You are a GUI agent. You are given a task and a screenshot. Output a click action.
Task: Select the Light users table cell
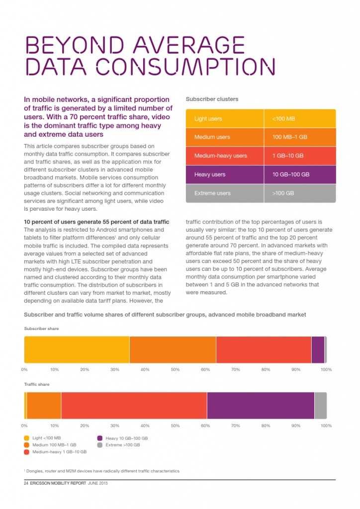[225, 119]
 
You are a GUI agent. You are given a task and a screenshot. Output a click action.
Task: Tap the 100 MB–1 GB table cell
[300, 137]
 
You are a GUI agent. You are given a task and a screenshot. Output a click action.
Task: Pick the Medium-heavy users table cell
[225, 156]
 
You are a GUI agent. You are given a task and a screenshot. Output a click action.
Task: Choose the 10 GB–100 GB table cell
[300, 174]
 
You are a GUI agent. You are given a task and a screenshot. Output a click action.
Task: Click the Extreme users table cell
[225, 193]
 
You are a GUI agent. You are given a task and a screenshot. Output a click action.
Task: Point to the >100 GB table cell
[300, 193]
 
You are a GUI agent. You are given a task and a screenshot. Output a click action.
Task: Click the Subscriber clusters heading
[212, 99]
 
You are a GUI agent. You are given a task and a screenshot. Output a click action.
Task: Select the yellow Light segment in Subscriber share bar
[77, 350]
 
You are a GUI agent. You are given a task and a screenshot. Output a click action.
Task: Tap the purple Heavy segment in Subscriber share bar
[318, 350]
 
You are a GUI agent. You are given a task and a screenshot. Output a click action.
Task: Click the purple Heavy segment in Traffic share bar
[261, 406]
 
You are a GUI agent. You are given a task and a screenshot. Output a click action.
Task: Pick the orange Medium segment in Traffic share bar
[44, 406]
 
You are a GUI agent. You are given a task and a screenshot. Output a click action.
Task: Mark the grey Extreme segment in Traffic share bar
[321, 406]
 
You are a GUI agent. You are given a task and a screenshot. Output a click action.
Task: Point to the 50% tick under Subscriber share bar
[175, 370]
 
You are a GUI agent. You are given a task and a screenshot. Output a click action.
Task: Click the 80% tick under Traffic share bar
[266, 426]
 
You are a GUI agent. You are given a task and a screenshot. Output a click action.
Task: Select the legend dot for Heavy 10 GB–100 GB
[100, 438]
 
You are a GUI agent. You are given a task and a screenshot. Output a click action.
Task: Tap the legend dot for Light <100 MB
[27, 438]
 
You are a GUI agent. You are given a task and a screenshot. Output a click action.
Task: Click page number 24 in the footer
[26, 484]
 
